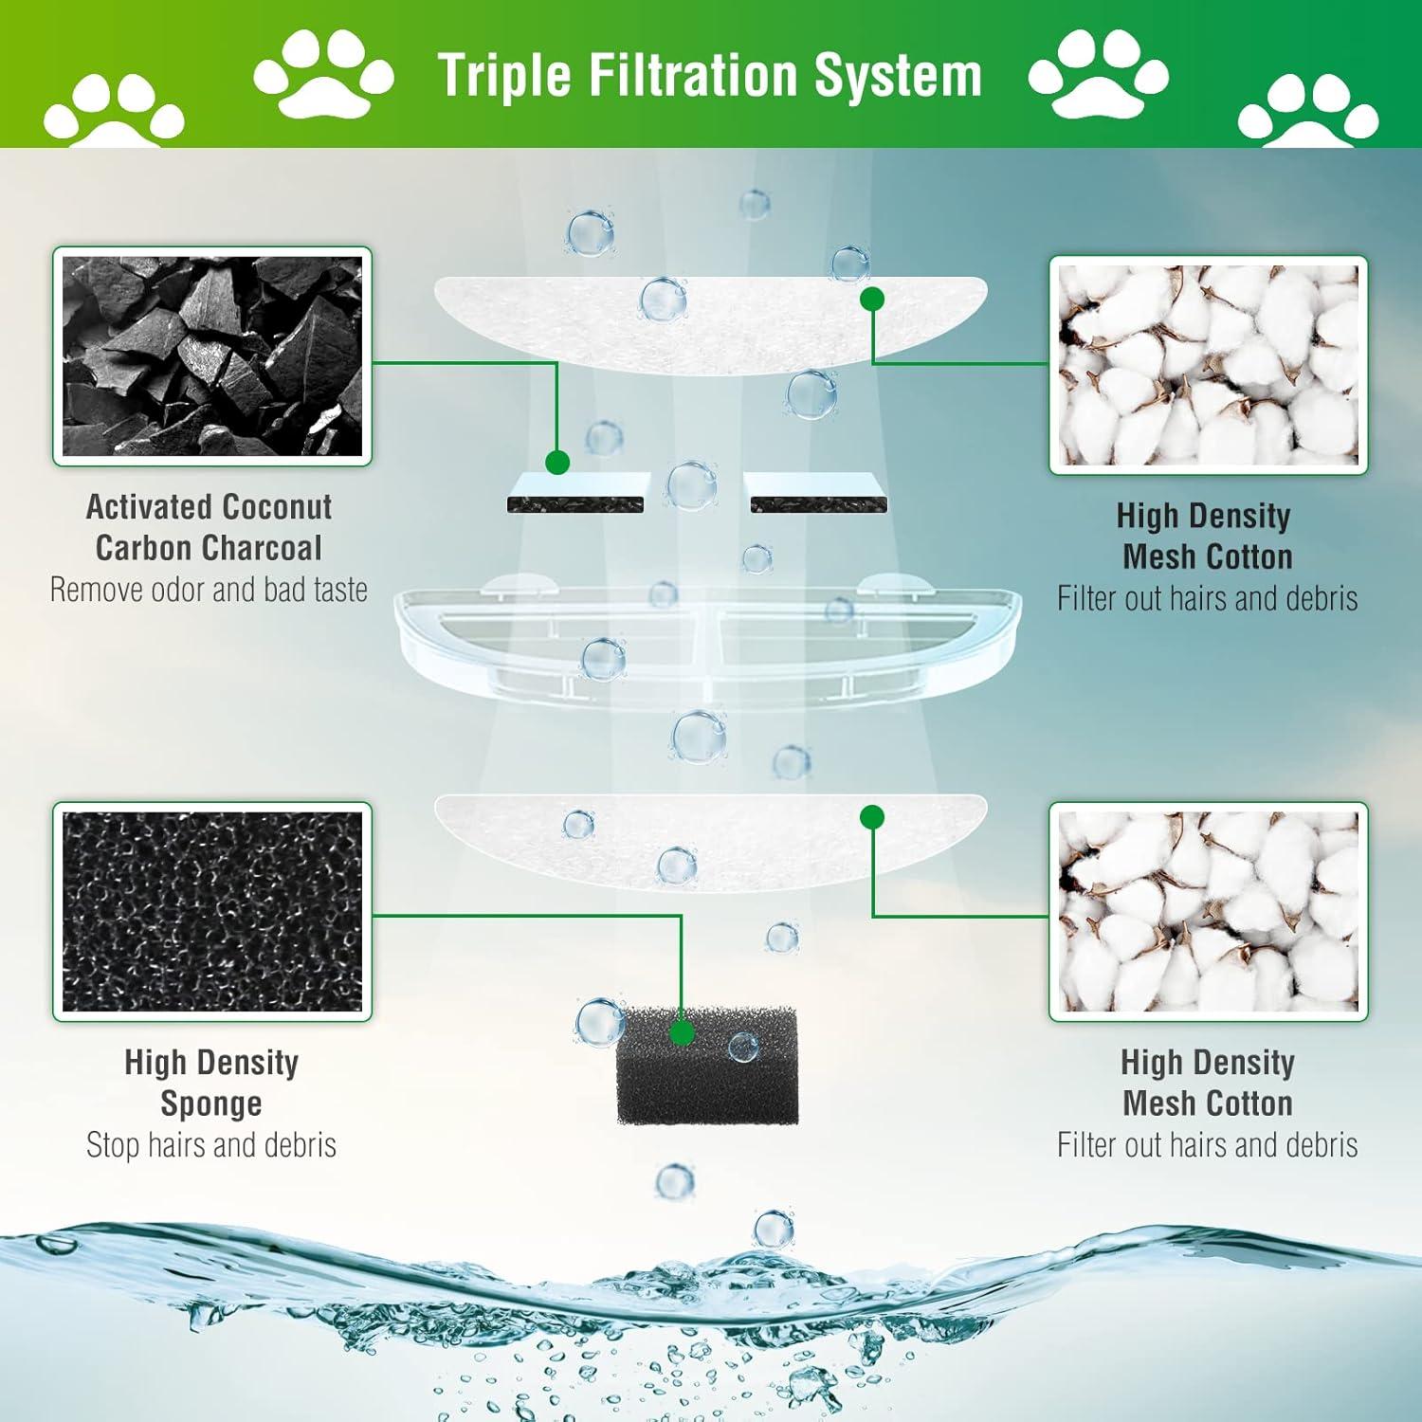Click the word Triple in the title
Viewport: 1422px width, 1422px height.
point(504,76)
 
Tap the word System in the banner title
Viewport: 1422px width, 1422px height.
point(898,76)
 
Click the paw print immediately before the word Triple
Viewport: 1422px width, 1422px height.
point(323,72)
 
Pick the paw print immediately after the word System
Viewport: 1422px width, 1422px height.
point(1098,72)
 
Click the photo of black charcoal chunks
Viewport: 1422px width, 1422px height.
point(211,356)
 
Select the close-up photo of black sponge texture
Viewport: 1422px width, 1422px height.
point(211,912)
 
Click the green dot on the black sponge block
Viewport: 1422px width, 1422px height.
point(680,1033)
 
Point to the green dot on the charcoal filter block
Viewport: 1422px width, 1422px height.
point(557,463)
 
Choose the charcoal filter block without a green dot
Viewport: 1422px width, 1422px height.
point(817,493)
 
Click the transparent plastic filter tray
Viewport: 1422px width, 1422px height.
point(707,635)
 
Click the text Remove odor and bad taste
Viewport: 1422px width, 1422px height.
point(209,591)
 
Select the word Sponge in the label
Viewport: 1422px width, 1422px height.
point(210,1104)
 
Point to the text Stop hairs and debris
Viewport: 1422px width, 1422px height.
point(210,1145)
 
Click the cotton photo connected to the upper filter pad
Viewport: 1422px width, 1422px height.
point(1208,365)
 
